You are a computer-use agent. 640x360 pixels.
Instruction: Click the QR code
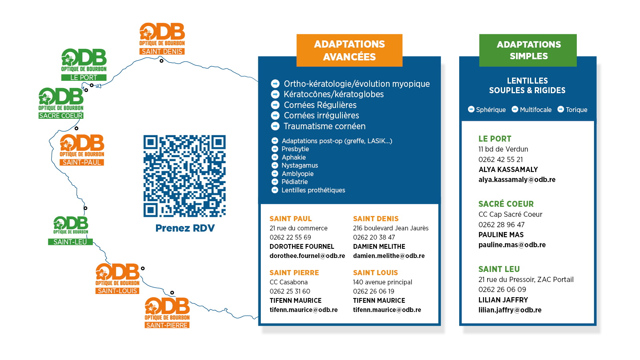coord(184,176)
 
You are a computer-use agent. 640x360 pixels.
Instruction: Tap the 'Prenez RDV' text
coord(185,228)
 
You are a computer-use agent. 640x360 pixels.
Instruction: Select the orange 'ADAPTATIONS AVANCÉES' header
coord(349,50)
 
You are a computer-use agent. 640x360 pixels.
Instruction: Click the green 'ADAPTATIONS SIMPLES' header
coord(528,50)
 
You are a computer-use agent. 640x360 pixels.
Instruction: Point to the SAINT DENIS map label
coord(162,52)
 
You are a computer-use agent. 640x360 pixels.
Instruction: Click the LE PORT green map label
coord(84,78)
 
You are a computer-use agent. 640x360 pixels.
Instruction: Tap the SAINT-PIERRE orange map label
coord(167,325)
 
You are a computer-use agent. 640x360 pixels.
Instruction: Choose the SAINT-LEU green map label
coord(70,242)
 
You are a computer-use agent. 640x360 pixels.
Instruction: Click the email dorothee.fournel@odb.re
coord(307,256)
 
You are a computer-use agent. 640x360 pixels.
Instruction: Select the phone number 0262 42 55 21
coord(500,160)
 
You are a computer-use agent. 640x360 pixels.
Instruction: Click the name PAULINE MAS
coord(501,235)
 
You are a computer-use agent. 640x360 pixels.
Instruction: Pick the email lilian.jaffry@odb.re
coord(510,310)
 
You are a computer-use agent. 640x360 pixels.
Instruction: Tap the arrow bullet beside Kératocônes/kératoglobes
coord(275,94)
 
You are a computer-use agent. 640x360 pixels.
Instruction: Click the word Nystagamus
coord(300,166)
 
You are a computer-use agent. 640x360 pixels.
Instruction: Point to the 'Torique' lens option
coord(576,110)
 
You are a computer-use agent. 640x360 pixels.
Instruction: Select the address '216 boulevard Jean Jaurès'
coord(390,228)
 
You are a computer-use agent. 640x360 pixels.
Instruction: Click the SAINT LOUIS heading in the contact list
coord(375,273)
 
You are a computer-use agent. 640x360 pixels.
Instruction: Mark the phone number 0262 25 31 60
coord(290,292)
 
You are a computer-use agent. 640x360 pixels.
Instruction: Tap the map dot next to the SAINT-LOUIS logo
coord(143,268)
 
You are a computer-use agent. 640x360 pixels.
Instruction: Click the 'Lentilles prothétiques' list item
coord(313,190)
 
